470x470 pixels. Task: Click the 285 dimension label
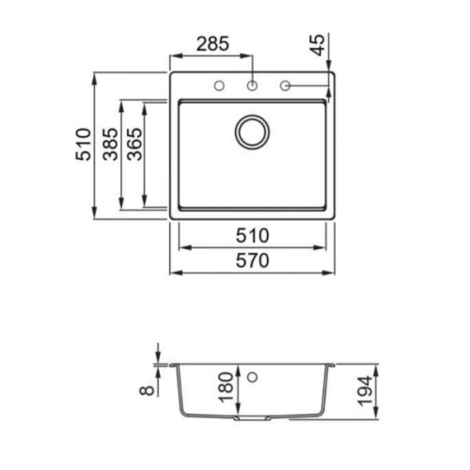pos(212,44)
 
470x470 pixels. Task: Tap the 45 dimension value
pos(319,45)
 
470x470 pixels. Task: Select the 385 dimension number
pos(111,144)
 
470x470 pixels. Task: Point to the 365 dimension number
pos(134,144)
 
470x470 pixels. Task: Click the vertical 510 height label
pos(84,144)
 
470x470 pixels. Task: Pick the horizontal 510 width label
pos(252,236)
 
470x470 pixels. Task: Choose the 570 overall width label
pos(252,260)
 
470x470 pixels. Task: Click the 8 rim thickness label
pos(147,389)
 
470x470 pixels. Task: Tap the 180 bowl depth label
pos(227,387)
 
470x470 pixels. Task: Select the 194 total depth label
pos(366,391)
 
